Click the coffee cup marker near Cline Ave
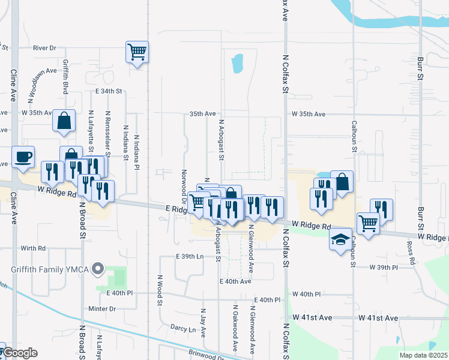(23, 157)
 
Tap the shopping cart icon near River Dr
(137, 52)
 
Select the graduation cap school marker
(341, 239)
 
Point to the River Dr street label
(44, 48)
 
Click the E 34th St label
(109, 91)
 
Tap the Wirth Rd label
(33, 248)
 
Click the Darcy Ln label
(183, 329)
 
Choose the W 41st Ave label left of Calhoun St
(312, 317)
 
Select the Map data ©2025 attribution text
(423, 355)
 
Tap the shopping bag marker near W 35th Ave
(64, 121)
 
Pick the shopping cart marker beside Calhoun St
(369, 223)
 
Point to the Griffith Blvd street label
(65, 76)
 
